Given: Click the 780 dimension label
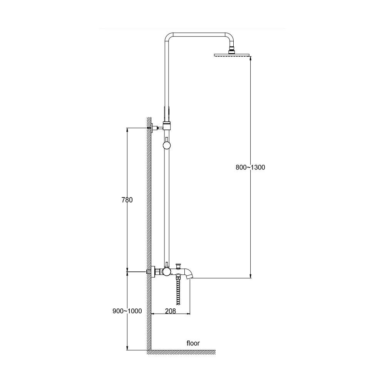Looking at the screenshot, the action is pos(127,200).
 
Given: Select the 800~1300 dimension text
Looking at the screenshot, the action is pos(250,167).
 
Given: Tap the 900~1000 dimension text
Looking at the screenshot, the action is pos(127,311).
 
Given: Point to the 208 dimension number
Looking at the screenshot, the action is pos(171,311).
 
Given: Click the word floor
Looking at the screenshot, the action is pos(193,343).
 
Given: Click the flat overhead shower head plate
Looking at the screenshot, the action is pos(232,55).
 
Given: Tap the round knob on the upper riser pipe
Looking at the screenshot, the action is pos(167,146).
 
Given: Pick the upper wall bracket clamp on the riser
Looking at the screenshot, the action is pos(167,126).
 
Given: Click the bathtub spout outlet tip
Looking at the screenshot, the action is pos(189,277).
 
